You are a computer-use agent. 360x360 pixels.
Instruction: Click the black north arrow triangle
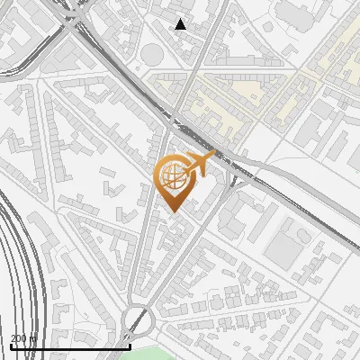(181, 24)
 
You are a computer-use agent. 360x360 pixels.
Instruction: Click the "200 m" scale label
(23, 338)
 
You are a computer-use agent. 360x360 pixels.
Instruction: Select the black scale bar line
(70, 346)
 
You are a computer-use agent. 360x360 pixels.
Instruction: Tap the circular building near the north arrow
(152, 55)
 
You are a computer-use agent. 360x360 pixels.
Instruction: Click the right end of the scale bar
(130, 346)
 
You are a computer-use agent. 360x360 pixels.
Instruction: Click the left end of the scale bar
(10, 346)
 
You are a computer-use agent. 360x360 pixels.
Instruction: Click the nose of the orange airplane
(213, 156)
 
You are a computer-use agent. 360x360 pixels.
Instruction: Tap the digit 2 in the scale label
(13, 338)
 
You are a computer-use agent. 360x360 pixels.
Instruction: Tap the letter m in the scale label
(33, 339)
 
